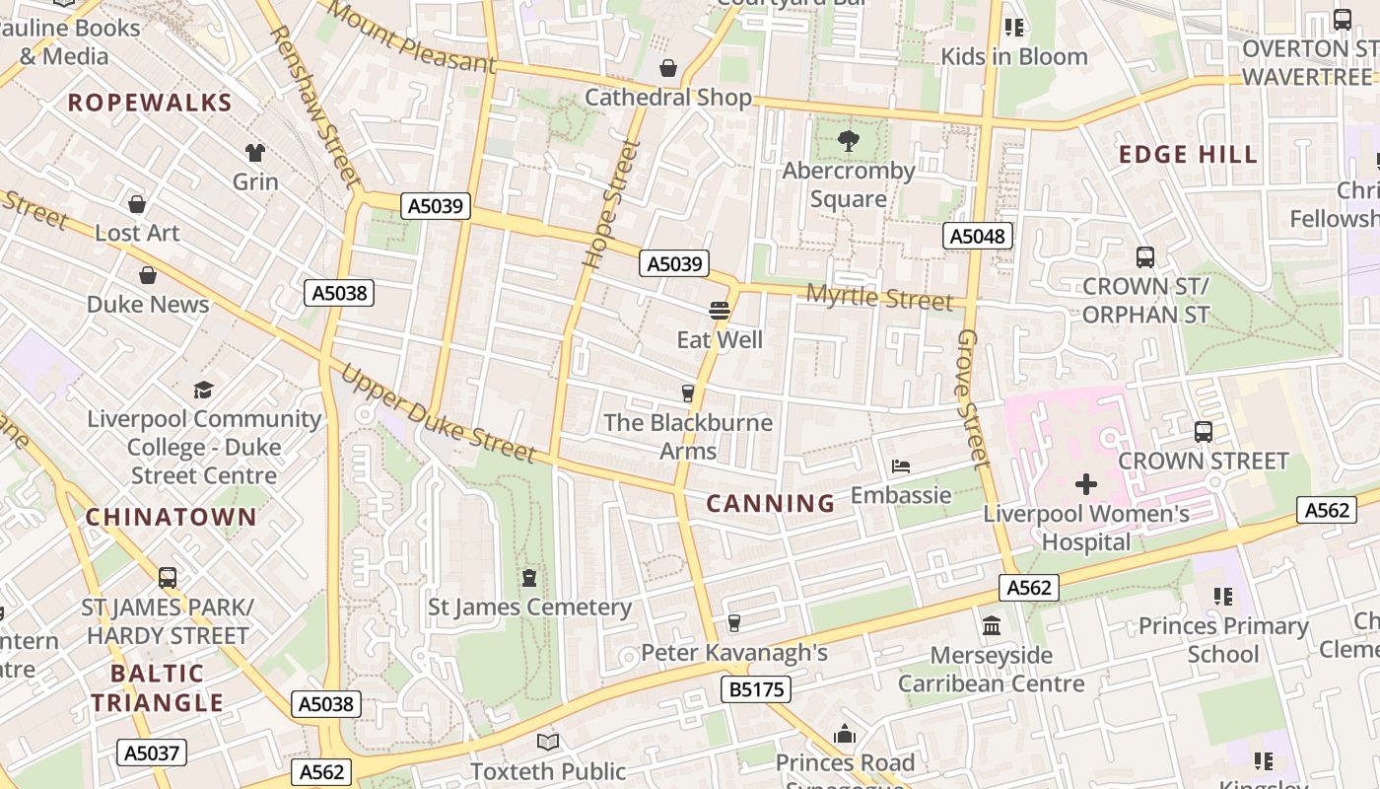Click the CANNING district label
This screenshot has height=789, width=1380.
(x=771, y=503)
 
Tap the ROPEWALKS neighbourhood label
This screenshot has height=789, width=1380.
(x=150, y=103)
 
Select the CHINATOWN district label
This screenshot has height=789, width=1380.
(x=171, y=517)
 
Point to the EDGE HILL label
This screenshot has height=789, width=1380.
(x=1188, y=154)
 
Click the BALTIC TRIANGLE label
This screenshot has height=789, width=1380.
(x=158, y=688)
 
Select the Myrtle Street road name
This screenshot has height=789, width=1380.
(x=879, y=297)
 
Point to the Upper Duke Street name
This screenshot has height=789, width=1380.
(x=438, y=414)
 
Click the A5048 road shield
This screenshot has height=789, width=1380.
(x=977, y=236)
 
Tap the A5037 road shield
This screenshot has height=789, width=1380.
(x=151, y=753)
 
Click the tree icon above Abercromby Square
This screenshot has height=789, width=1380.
(x=848, y=142)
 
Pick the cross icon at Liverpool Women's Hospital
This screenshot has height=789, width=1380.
(x=1085, y=484)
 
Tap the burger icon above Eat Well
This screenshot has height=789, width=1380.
(x=720, y=312)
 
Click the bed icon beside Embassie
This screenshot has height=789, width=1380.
(x=901, y=466)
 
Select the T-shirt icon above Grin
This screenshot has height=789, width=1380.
(x=255, y=153)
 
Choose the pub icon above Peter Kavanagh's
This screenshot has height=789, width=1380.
(x=733, y=622)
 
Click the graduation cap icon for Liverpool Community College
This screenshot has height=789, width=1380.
(x=203, y=390)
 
